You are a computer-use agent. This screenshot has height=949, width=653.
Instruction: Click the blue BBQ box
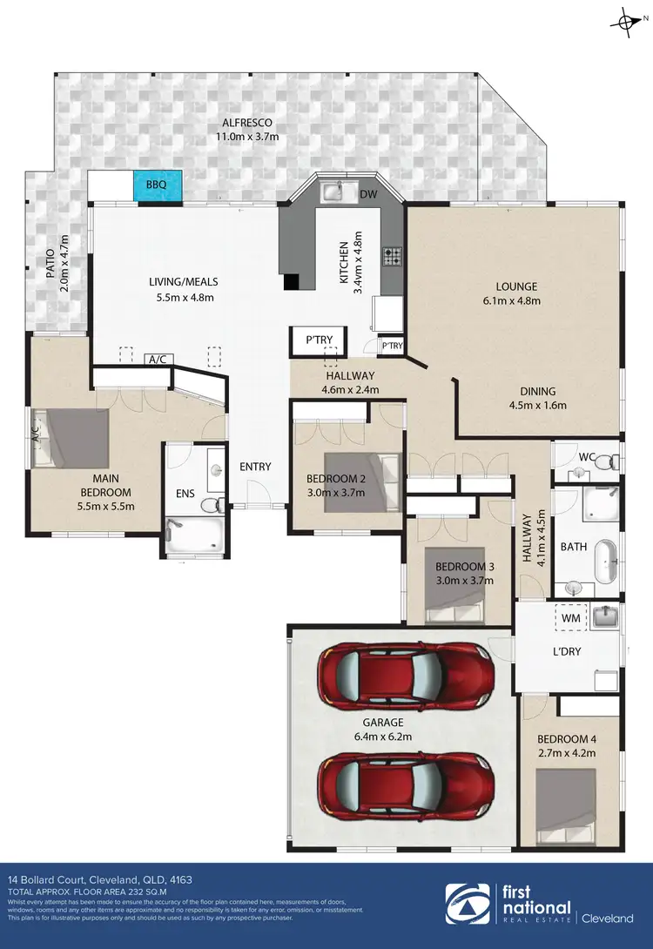(x=157, y=185)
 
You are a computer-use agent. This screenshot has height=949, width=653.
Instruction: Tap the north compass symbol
(x=623, y=23)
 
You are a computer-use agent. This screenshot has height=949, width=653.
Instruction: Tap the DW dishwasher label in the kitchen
(x=367, y=193)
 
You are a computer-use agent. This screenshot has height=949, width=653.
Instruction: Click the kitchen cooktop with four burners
(x=393, y=257)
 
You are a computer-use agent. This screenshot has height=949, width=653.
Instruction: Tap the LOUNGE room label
(x=517, y=286)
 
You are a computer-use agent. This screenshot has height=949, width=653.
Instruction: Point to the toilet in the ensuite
(x=209, y=505)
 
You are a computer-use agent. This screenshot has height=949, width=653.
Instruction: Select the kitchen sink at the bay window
(x=333, y=192)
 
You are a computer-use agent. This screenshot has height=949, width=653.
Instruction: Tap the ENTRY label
(x=255, y=467)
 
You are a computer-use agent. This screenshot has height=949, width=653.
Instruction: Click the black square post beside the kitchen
(x=292, y=281)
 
